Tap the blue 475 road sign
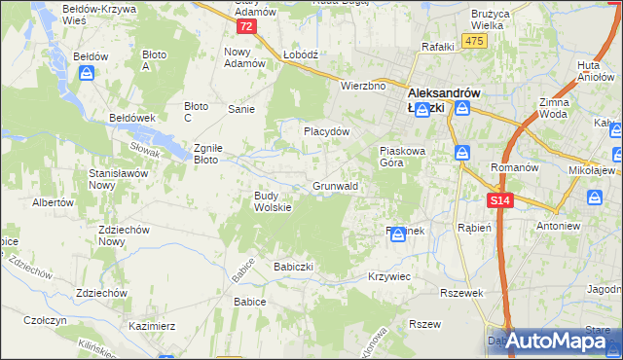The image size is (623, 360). pos(474,40)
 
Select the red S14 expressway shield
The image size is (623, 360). pos(499,199)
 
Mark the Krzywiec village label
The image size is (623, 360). pos(389,277)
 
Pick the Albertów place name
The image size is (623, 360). pos(54,202)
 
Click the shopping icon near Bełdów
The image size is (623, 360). pos(88,73)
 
